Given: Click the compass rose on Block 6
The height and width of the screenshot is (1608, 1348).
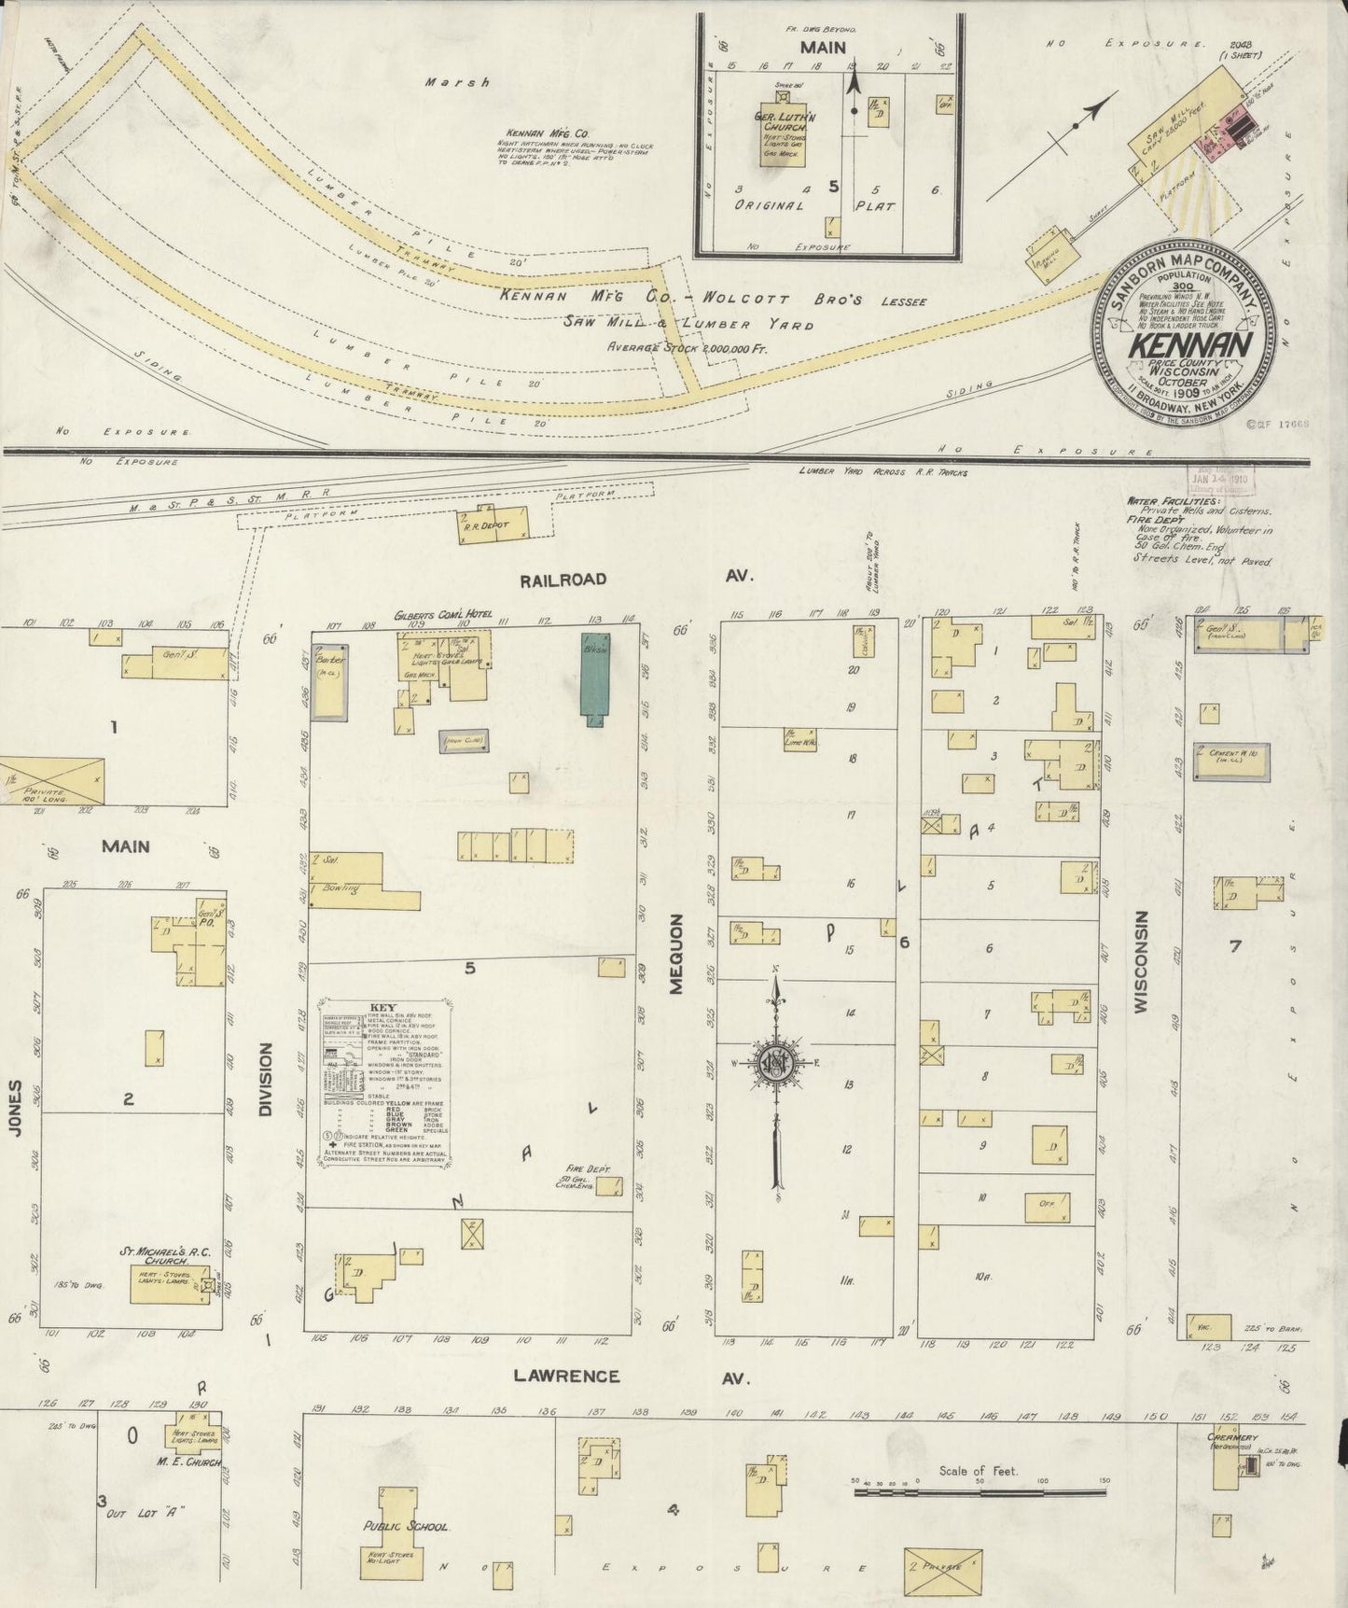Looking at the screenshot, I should coord(775,1064).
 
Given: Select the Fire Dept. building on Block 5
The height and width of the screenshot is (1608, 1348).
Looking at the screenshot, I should coord(609,1186).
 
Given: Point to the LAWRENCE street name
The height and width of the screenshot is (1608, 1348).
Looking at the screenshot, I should coord(578,1376).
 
